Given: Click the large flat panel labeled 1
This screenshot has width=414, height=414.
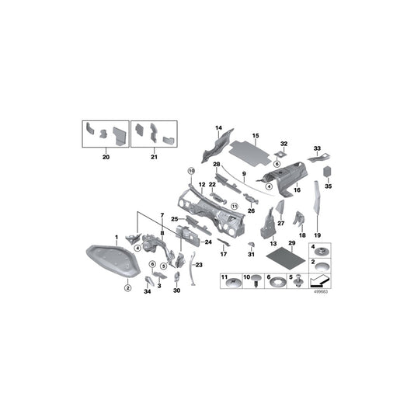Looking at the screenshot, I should pos(113,261).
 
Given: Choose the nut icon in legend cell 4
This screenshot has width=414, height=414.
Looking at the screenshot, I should pos(320,252).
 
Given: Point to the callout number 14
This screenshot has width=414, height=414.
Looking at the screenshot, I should pos(219,127).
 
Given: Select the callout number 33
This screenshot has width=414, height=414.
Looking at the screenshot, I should pos(316,148).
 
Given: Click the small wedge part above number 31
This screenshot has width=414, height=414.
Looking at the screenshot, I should pos(251,244).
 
